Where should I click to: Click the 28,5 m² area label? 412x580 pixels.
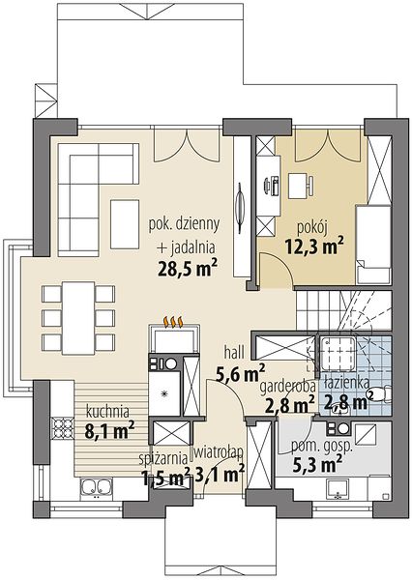point(187,268)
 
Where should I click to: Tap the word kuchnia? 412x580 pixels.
point(107,411)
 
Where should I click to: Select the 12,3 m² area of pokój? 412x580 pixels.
point(314,246)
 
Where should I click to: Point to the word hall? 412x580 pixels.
point(234,353)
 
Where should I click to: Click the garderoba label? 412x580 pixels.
point(287,388)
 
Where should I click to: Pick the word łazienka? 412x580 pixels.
point(346,383)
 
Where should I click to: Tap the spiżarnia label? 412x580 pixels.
point(163,458)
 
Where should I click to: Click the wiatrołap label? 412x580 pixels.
point(219,451)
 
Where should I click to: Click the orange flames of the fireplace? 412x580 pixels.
point(174,322)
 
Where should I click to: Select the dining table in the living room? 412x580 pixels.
point(78,318)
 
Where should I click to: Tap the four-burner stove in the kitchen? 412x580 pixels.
point(63,428)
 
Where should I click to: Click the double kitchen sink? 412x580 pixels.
point(96,488)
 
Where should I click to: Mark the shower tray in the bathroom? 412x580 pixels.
point(338,353)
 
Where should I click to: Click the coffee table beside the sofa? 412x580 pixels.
point(125,224)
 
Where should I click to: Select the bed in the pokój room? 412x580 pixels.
point(373,245)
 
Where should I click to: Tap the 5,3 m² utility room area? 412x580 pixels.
point(317,465)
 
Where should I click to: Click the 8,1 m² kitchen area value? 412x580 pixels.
point(109,430)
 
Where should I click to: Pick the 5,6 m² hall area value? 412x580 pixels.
point(241,373)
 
